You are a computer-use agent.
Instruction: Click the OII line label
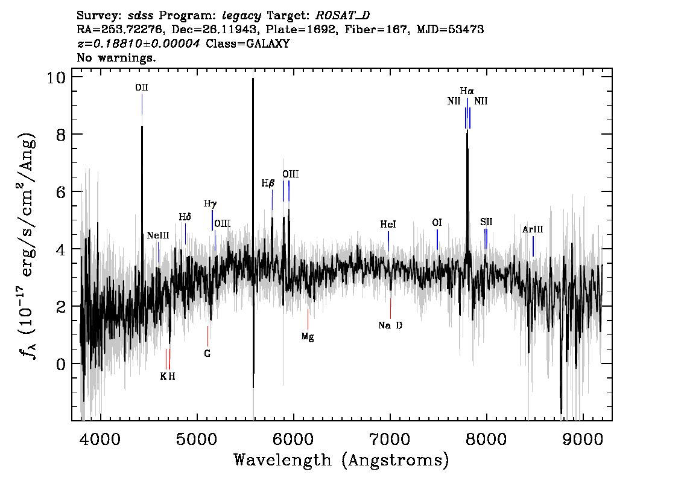click(141, 88)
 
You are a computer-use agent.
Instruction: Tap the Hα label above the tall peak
click(467, 91)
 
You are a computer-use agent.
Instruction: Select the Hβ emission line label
click(268, 184)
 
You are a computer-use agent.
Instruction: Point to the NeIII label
click(158, 236)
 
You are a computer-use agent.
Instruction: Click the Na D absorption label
click(390, 325)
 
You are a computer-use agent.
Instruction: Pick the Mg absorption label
click(308, 337)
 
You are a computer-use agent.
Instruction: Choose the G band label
click(207, 354)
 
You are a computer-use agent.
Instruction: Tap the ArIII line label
click(533, 229)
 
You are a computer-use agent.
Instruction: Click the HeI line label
click(388, 225)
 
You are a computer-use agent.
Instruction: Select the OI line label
click(437, 223)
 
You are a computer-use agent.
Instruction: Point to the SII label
click(486, 222)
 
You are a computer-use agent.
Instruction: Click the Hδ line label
click(185, 217)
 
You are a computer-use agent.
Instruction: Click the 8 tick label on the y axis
click(61, 135)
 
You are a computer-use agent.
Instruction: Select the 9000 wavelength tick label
click(582, 439)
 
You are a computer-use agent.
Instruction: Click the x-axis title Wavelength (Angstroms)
click(341, 460)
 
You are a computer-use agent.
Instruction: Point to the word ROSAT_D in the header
click(343, 16)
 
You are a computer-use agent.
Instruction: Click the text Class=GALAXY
click(248, 43)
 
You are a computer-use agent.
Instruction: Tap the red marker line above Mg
click(308, 319)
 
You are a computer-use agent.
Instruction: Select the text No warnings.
click(116, 57)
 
